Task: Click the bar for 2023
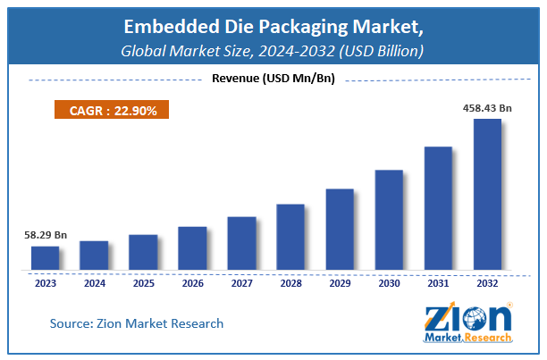click(45, 258)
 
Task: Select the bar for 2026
click(192, 247)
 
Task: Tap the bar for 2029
click(340, 229)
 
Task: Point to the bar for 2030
click(389, 219)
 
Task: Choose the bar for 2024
click(94, 255)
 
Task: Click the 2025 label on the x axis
click(143, 284)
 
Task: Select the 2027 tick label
click(241, 284)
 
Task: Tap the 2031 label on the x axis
click(438, 284)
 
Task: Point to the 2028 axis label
click(290, 284)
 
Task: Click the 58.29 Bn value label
click(45, 236)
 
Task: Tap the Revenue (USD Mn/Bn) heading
click(273, 79)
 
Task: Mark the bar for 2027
click(241, 243)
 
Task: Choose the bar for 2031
click(438, 207)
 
